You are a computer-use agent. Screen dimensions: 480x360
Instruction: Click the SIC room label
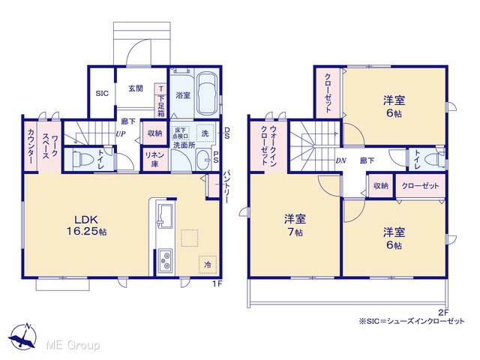pyautogui.click(x=102, y=93)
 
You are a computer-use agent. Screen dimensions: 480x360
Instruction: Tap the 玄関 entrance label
pyautogui.click(x=135, y=88)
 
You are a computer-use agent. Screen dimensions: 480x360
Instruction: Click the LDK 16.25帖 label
pyautogui.click(x=87, y=225)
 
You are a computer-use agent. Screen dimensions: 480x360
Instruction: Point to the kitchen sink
pyautogui.click(x=165, y=216)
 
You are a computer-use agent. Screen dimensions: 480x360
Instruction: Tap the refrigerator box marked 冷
pyautogui.click(x=208, y=265)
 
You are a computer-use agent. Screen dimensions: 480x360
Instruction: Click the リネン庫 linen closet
pyautogui.click(x=154, y=159)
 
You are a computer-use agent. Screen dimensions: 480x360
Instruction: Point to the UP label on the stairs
pyautogui.click(x=120, y=133)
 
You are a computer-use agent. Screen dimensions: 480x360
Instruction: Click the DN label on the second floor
pyautogui.click(x=340, y=160)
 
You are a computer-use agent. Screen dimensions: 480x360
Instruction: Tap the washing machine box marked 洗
pyautogui.click(x=205, y=133)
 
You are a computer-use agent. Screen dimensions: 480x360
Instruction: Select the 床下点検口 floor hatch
pyautogui.click(x=180, y=133)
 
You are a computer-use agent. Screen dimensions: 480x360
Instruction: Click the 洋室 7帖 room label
pyautogui.click(x=295, y=225)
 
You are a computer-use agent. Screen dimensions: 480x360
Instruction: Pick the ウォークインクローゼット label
pyautogui.click(x=268, y=145)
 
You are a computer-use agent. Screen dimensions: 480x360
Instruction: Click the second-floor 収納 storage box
pyautogui.click(x=380, y=186)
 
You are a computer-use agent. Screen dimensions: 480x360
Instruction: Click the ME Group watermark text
pyautogui.click(x=73, y=346)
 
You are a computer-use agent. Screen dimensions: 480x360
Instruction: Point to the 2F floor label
pyautogui.click(x=443, y=313)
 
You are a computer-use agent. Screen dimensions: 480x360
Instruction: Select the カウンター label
pyautogui.click(x=31, y=145)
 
